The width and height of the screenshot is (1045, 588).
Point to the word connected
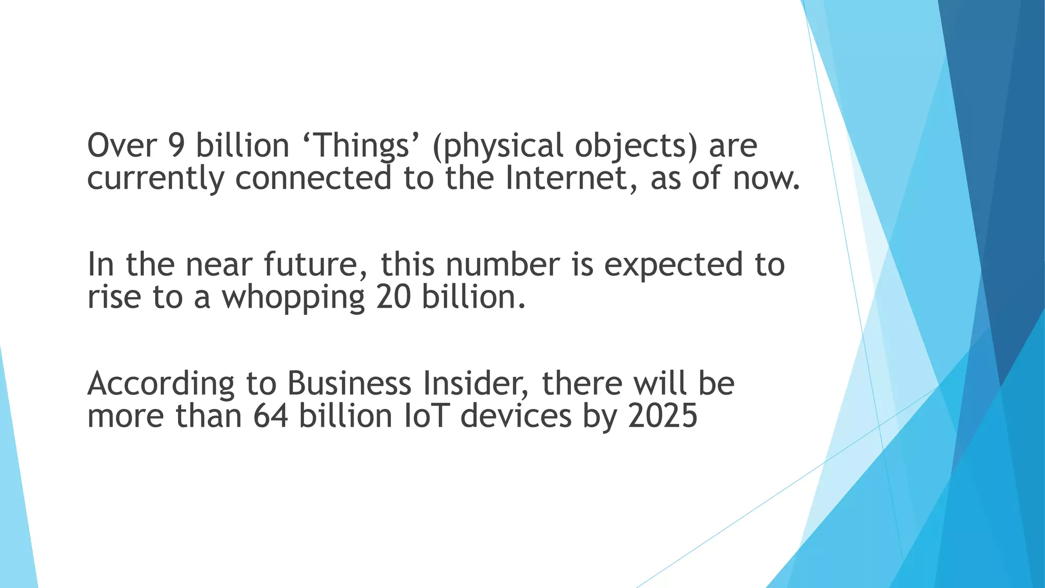313,178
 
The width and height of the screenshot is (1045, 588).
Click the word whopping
293,298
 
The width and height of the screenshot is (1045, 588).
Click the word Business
349,383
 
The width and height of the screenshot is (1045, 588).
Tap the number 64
270,415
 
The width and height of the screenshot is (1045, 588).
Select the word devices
516,415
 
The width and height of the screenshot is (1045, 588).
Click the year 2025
663,415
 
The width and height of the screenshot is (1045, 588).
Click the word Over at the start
122,145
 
